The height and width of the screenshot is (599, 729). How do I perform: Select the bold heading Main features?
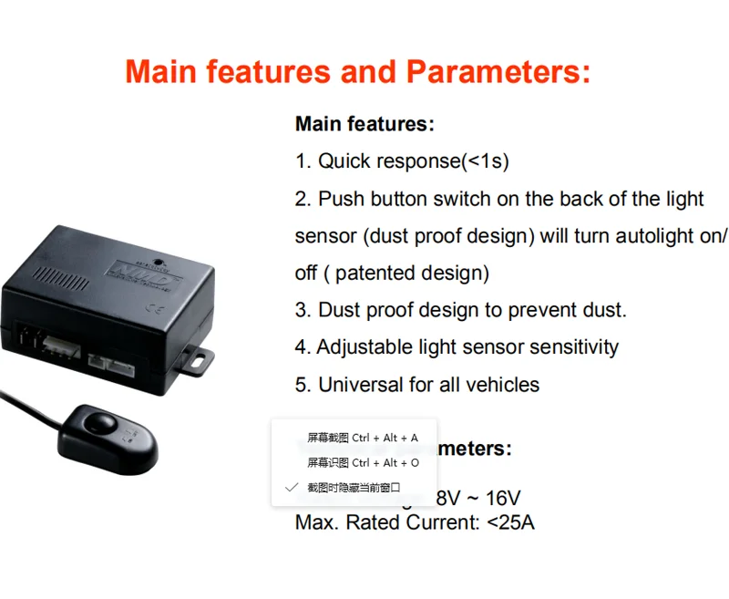364,124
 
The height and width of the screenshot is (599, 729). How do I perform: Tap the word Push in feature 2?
341,199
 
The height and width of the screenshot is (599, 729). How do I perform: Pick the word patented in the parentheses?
374,274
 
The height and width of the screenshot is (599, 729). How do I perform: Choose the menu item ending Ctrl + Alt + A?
363,438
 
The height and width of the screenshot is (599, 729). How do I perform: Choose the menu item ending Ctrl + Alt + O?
363,462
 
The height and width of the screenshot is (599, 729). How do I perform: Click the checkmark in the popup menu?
291,488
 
